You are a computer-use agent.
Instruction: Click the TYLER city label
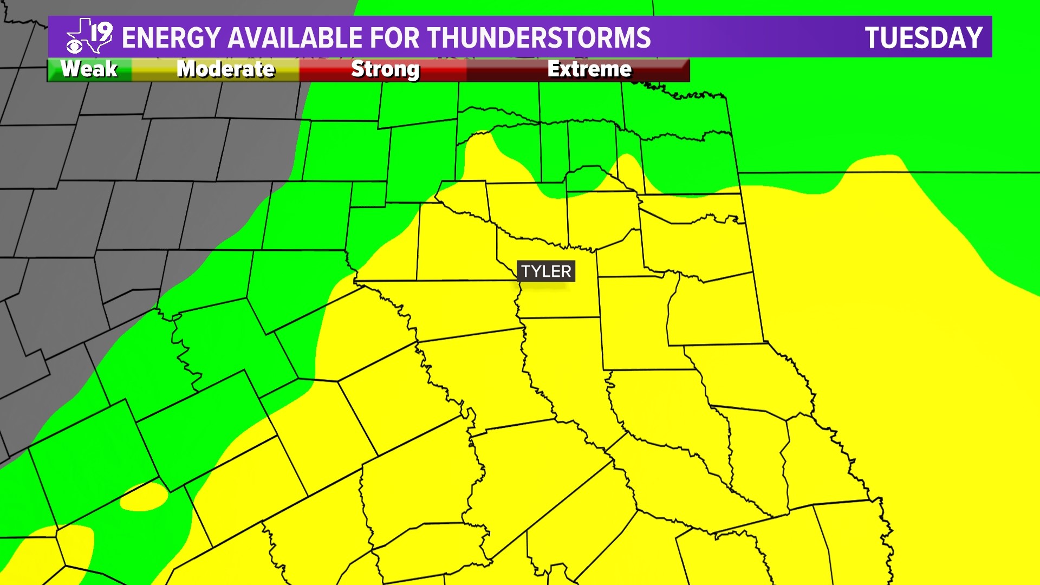pyautogui.click(x=546, y=271)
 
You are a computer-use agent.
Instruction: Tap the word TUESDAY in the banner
pyautogui.click(x=924, y=38)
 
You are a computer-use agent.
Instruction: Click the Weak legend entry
pyautogui.click(x=89, y=69)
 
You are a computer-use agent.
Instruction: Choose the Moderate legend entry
pyautogui.click(x=226, y=69)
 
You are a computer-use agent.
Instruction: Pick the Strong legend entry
pyautogui.click(x=385, y=69)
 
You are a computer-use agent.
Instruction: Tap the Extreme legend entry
pyautogui.click(x=589, y=69)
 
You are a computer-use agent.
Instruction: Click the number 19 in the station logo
pyautogui.click(x=101, y=32)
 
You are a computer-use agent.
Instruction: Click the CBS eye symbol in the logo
pyautogui.click(x=74, y=47)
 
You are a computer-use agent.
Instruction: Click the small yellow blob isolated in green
pyautogui.click(x=144, y=497)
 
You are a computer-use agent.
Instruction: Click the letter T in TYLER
pyautogui.click(x=525, y=271)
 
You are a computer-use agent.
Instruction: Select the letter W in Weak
pyautogui.click(x=69, y=69)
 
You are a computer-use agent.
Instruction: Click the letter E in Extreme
pyautogui.click(x=553, y=69)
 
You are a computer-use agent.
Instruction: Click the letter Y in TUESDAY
pyautogui.click(x=973, y=38)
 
